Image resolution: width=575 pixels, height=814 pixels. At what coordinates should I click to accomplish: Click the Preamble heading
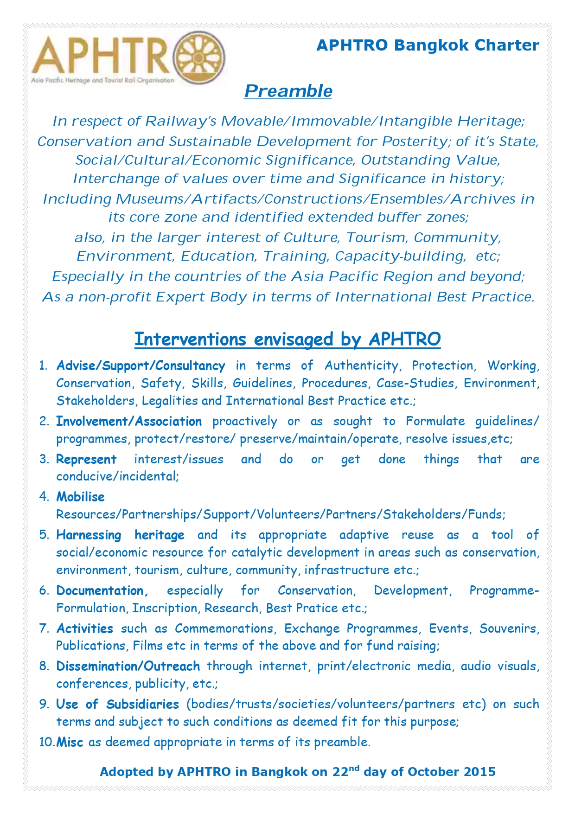click(x=288, y=91)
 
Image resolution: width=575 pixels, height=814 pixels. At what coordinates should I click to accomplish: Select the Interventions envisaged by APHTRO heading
click(x=287, y=339)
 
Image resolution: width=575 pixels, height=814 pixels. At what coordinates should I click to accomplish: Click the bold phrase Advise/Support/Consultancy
click(x=141, y=366)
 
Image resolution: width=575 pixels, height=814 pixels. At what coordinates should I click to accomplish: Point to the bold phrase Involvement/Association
click(x=129, y=422)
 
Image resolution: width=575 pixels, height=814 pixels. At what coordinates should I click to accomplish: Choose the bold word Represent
click(x=86, y=460)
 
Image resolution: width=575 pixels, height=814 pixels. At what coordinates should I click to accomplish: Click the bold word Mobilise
click(x=81, y=497)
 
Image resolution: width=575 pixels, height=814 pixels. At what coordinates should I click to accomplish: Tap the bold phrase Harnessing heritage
click(x=120, y=535)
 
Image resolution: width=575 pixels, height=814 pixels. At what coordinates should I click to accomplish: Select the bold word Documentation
click(x=102, y=591)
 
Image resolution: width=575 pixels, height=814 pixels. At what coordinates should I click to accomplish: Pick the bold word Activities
click(x=85, y=629)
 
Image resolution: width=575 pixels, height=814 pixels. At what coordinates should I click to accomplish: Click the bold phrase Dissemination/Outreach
click(x=128, y=667)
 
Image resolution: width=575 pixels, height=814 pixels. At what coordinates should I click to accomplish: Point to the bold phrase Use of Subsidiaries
click(x=118, y=705)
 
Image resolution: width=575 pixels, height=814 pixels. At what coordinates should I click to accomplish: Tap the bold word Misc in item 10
click(x=70, y=743)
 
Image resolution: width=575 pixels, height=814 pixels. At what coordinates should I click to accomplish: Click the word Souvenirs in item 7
click(x=509, y=629)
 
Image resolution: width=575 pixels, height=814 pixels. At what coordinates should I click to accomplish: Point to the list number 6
click(x=44, y=591)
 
